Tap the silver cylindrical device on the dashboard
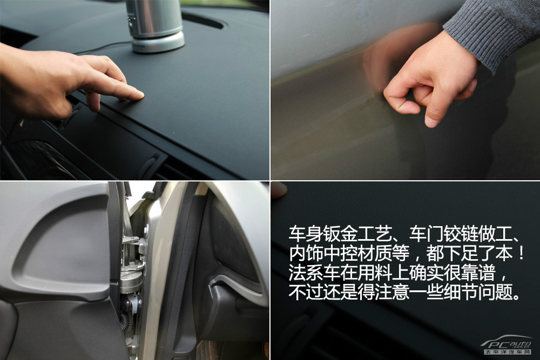click(155, 26)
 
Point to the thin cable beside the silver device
click(103, 48)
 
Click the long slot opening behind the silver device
click(203, 21)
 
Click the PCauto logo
click(507, 342)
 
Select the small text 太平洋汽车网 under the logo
click(508, 352)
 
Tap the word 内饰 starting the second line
click(306, 253)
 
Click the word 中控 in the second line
click(340, 253)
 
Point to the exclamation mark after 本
click(522, 253)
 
